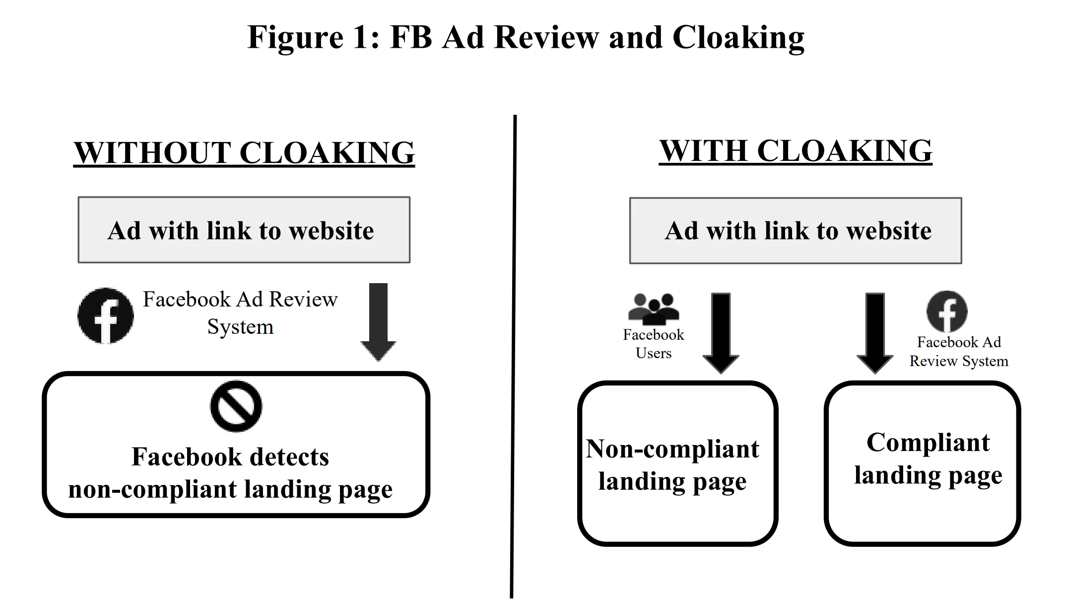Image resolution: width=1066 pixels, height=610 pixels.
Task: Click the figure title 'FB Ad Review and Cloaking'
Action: coord(597,38)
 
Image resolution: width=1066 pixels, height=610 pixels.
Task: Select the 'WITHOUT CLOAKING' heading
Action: coord(244,152)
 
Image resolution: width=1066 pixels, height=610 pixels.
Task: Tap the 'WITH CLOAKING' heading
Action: coord(796,151)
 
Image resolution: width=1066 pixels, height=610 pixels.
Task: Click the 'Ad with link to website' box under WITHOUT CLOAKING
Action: coord(244,230)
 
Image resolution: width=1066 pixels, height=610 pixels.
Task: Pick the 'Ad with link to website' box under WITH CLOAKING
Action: coord(796,230)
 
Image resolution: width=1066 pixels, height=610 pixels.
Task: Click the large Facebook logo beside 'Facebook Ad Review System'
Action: coord(106,316)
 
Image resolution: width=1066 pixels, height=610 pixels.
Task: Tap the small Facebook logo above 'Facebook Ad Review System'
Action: coord(947,311)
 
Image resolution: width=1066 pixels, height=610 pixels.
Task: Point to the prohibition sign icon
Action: coord(236,406)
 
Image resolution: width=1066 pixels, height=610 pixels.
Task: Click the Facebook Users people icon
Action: coord(654,309)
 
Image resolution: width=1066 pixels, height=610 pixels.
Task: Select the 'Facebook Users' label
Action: coord(654,344)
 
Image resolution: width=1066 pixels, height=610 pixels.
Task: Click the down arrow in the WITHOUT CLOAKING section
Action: coord(378,322)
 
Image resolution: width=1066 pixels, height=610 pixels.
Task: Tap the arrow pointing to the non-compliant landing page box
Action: coord(721,333)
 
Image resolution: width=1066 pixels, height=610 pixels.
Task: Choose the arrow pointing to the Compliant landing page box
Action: coord(875,333)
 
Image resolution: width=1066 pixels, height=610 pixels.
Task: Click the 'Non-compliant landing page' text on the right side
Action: coord(672,465)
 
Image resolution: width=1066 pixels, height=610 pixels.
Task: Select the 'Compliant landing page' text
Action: coord(928,458)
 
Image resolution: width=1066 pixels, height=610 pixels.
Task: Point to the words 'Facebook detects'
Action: coord(230,457)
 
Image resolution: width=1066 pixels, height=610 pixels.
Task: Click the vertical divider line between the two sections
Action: coord(513,357)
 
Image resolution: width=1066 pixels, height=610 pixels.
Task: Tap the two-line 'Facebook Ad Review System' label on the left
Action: coord(240,313)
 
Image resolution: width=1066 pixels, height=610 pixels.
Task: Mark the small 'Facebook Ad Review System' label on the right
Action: coord(959,352)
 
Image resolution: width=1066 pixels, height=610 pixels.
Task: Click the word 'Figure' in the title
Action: coord(295,38)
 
